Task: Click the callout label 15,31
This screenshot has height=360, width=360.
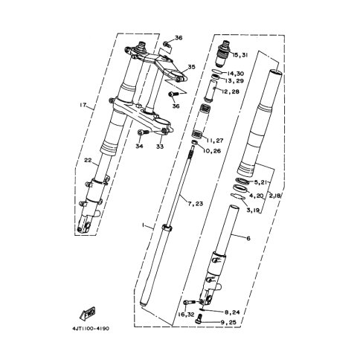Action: pos(240,55)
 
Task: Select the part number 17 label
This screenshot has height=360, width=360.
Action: pos(83,105)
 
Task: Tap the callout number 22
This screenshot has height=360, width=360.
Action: pos(88,161)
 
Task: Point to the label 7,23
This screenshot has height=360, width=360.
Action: pos(196,204)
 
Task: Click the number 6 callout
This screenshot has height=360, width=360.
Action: pos(248,238)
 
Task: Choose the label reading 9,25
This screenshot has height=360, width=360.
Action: pos(228,322)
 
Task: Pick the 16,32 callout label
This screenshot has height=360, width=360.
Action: pos(186,315)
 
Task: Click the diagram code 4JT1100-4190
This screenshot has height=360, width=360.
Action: pos(91,329)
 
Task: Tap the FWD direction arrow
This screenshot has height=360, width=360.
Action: pos(87,313)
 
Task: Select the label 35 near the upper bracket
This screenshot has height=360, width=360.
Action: pos(191,67)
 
